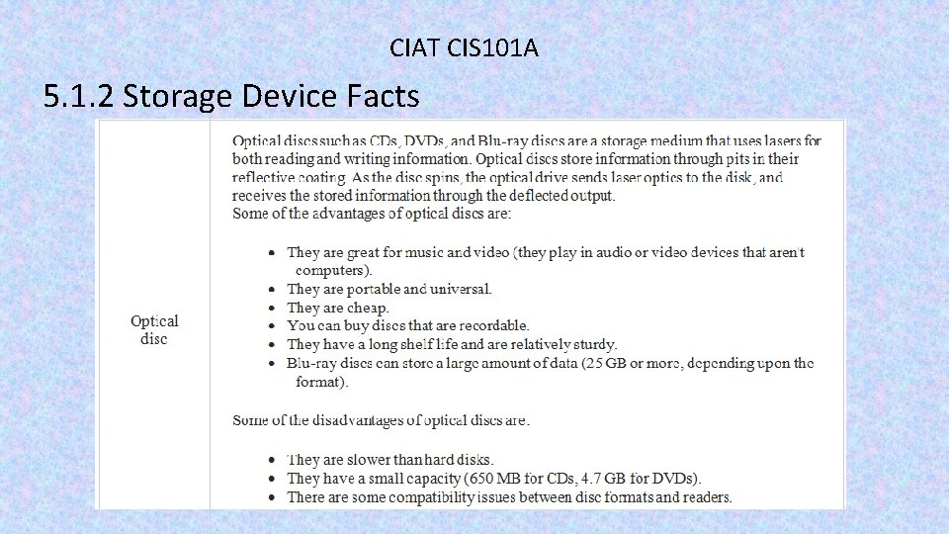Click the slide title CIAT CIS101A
tap(464, 46)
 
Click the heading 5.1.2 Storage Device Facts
tap(231, 97)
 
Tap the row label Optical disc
tap(154, 330)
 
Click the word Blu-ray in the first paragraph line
tap(510, 140)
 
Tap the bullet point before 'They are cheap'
tap(273, 308)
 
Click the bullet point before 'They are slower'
tap(273, 460)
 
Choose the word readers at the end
tap(706, 496)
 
